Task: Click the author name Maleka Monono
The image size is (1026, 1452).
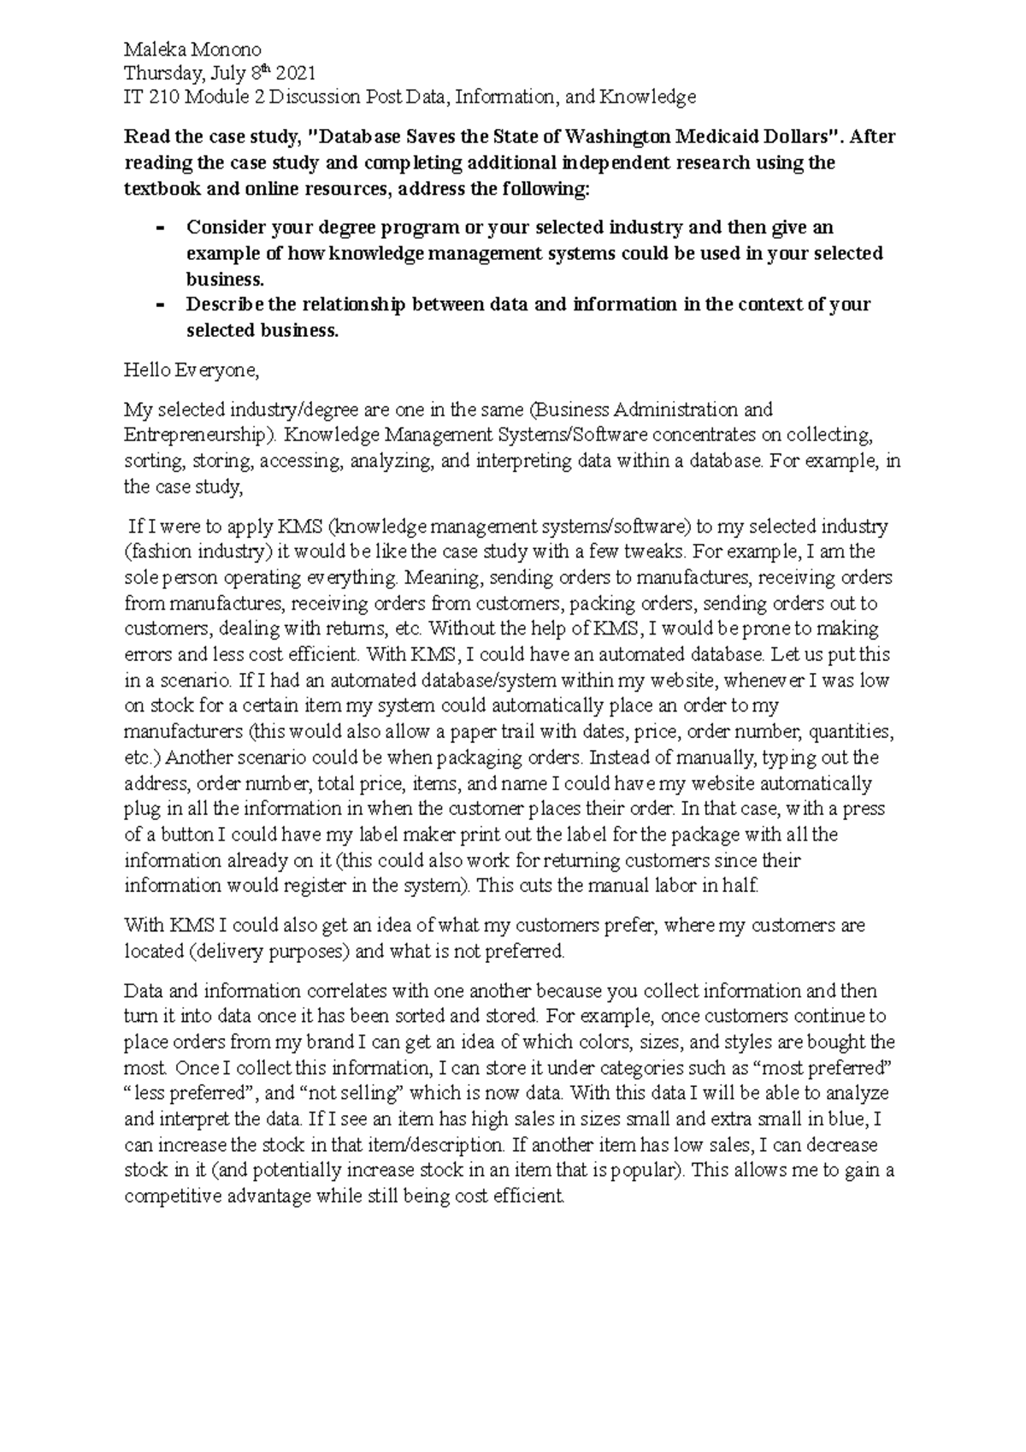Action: tap(192, 50)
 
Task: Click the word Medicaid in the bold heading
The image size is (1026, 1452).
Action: tap(716, 137)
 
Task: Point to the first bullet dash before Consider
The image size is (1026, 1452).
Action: tap(162, 228)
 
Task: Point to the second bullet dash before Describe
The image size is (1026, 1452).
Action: tap(162, 305)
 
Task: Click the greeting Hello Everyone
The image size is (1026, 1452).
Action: tap(191, 370)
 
